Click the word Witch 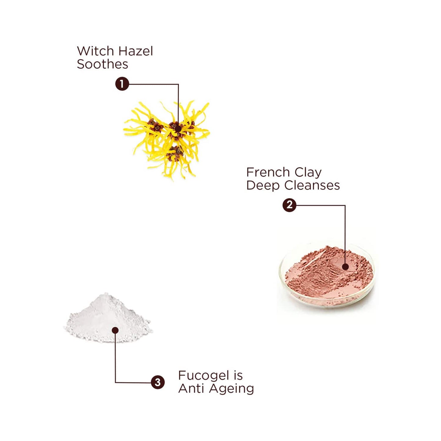[95, 51]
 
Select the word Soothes [103, 64]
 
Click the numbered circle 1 [122, 84]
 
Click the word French [268, 172]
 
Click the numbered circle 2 [289, 205]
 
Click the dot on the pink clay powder [345, 267]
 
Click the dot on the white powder [115, 330]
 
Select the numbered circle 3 [157, 382]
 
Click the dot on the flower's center [178, 129]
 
